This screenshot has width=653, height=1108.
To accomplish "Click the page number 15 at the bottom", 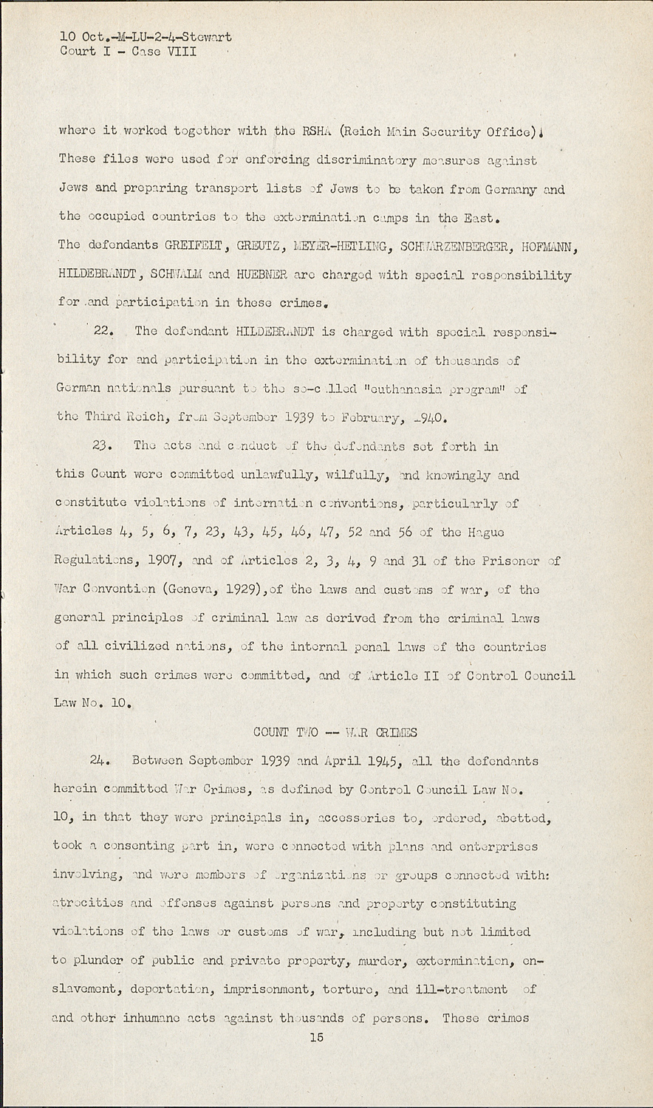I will (x=316, y=1038).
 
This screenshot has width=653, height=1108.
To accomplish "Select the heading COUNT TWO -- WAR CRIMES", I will (x=335, y=733).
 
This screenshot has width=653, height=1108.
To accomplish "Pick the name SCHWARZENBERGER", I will (x=451, y=245).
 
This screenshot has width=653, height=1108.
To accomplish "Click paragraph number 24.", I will (x=100, y=761).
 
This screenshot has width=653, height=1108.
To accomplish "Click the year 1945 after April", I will (x=379, y=761).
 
